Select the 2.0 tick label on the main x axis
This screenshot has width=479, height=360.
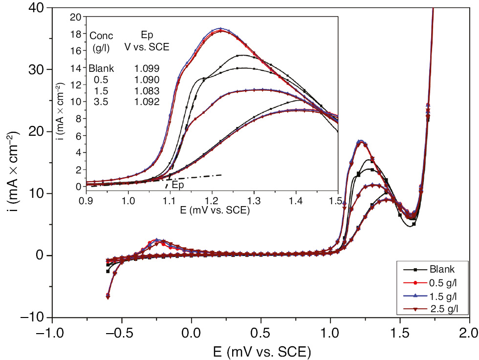coord(470,334)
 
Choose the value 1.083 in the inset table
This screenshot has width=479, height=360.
coord(147,91)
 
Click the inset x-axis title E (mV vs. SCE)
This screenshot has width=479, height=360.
coord(212,211)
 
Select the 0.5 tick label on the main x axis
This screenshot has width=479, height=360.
coord(261,334)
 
